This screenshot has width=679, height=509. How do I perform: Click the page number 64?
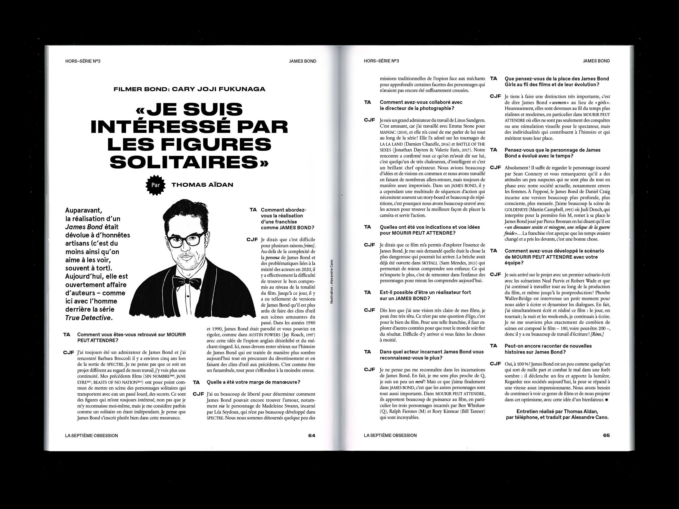tap(312, 435)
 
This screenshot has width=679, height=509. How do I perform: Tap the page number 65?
tap(606, 435)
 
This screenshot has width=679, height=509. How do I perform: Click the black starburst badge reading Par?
tap(155, 185)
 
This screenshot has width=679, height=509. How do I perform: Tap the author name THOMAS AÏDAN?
tap(202, 185)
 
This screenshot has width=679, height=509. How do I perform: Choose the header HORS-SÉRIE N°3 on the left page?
tap(83, 61)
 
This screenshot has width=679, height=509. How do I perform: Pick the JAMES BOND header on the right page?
tap(596, 61)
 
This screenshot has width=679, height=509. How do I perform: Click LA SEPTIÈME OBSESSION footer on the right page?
tap(390, 435)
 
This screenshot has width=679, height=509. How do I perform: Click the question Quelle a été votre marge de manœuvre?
tap(253, 382)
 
